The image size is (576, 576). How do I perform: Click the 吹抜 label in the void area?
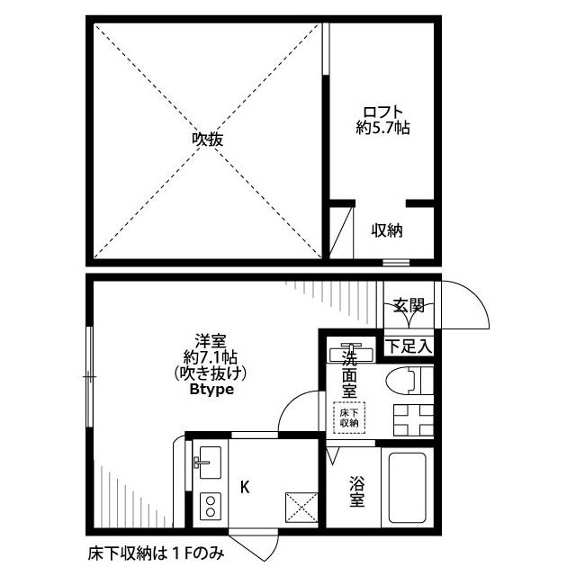point(208,139)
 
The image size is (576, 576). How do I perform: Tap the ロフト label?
point(383,112)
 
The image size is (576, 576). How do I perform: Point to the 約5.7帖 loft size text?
point(382,128)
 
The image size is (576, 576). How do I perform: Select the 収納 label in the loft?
point(387,230)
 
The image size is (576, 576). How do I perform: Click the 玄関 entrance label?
point(409,305)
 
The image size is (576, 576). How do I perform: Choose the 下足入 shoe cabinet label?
point(409,346)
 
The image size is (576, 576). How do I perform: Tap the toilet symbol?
point(409,380)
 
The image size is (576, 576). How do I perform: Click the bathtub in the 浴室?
point(407,488)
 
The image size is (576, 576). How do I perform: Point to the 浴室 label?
point(356,491)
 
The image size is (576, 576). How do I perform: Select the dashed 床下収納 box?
point(349,418)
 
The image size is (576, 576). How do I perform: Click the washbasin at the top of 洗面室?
point(352,353)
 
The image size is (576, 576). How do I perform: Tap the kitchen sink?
point(210,463)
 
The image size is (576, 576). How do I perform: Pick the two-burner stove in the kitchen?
point(211,506)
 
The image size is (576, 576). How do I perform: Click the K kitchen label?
point(245,488)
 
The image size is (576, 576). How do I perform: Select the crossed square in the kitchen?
point(301,508)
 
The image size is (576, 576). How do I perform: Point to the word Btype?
point(212,390)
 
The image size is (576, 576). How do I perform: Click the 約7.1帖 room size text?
point(211,357)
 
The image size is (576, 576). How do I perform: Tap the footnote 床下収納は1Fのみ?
point(156,553)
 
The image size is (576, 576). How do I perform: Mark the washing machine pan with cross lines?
point(413,420)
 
